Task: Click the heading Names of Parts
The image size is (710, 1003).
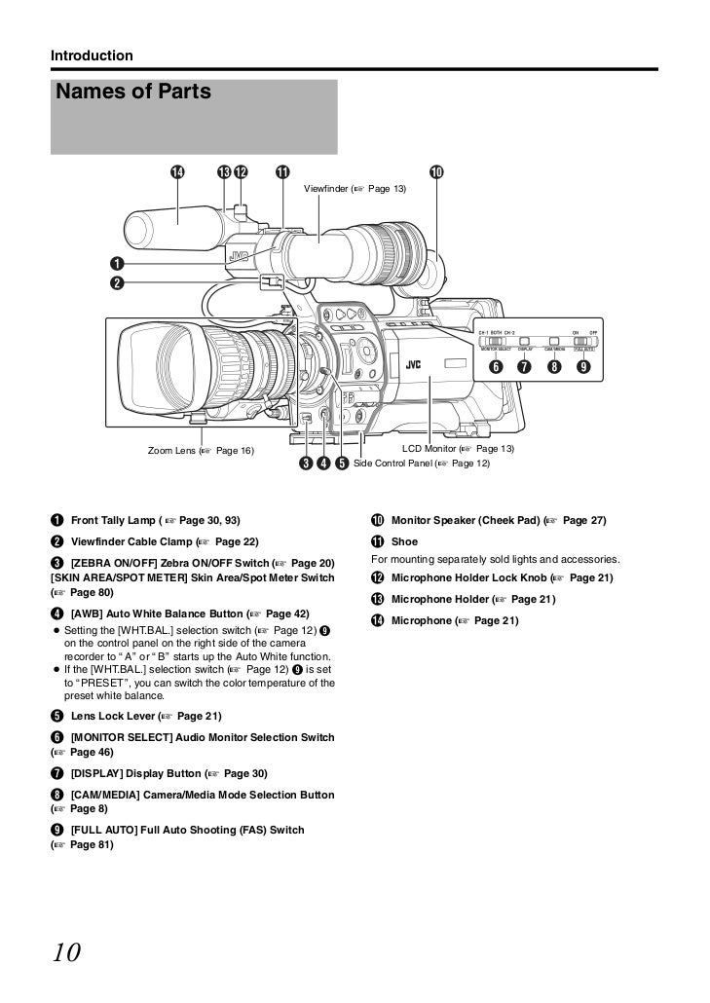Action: (x=134, y=93)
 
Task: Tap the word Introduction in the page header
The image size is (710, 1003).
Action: (x=92, y=56)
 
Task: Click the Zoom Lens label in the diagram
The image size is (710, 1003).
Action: (x=200, y=451)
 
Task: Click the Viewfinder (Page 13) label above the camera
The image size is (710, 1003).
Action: (x=355, y=188)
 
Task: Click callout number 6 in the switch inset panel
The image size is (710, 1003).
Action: (x=495, y=367)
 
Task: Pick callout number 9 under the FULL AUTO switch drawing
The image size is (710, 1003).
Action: (x=583, y=367)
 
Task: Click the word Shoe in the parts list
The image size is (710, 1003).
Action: (x=404, y=541)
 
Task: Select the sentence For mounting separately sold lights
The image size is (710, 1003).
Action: (x=495, y=560)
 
